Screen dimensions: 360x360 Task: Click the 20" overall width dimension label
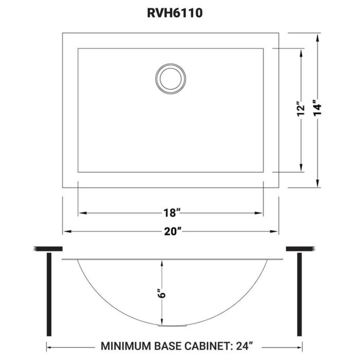click(x=171, y=232)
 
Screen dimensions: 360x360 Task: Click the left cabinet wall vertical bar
click(x=49, y=293)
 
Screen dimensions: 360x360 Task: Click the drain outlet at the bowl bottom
click(x=163, y=325)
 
